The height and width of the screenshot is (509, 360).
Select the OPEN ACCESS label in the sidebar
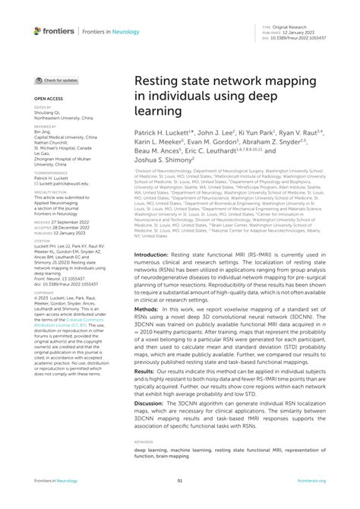pos(46,99)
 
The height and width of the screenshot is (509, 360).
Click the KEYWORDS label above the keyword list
pos(144,442)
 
